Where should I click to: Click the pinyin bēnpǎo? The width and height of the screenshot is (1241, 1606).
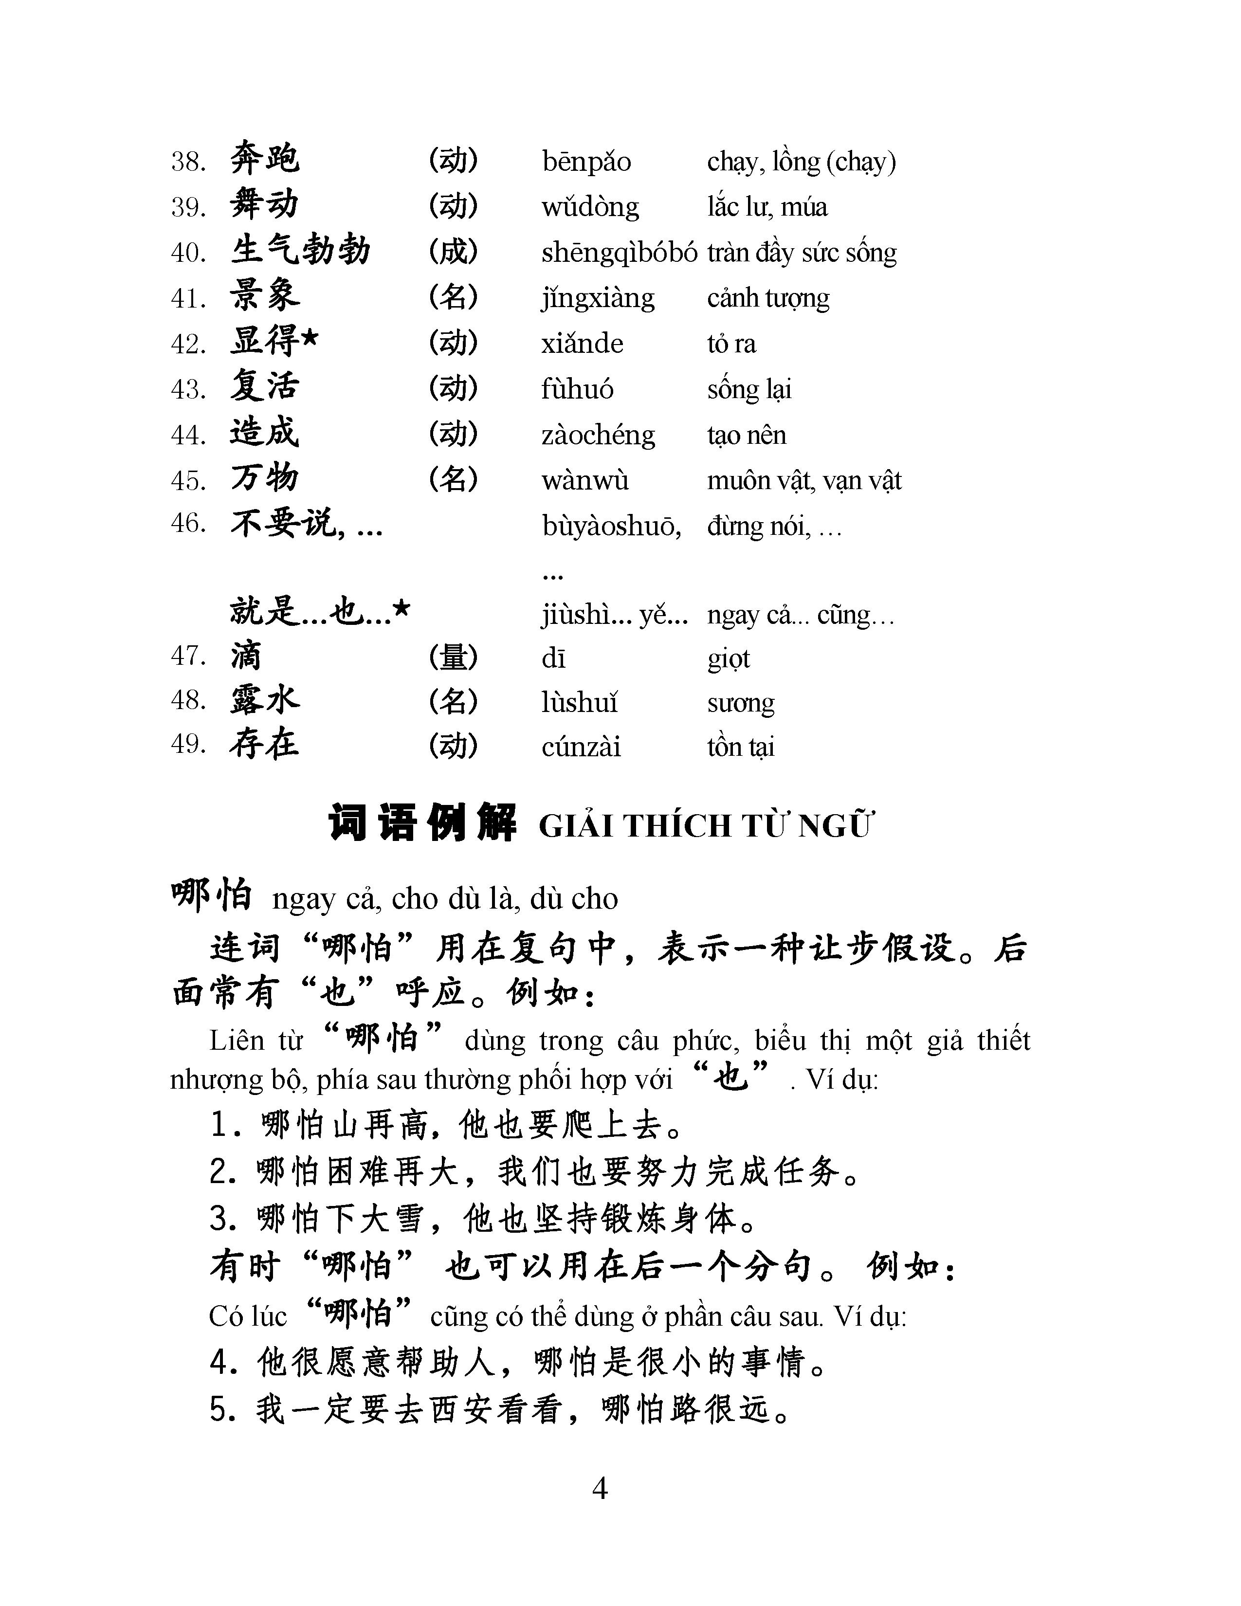tap(586, 162)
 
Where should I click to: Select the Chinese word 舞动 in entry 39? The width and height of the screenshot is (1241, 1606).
tap(264, 204)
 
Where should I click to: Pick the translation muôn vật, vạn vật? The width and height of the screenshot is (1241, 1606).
tap(803, 480)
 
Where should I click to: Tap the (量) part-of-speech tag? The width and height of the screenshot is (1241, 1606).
tap(453, 657)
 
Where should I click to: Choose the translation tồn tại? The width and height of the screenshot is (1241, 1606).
tap(740, 747)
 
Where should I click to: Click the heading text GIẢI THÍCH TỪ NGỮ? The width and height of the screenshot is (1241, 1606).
tap(706, 826)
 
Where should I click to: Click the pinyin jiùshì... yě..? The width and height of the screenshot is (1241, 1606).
tap(614, 615)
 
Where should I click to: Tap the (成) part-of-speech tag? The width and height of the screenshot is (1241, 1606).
tap(453, 252)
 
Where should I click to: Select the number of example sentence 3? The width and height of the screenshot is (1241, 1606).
tap(220, 1219)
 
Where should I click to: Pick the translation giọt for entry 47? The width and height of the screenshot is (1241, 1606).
tap(728, 658)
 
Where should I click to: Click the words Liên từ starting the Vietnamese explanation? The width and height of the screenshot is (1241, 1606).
tap(256, 1040)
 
